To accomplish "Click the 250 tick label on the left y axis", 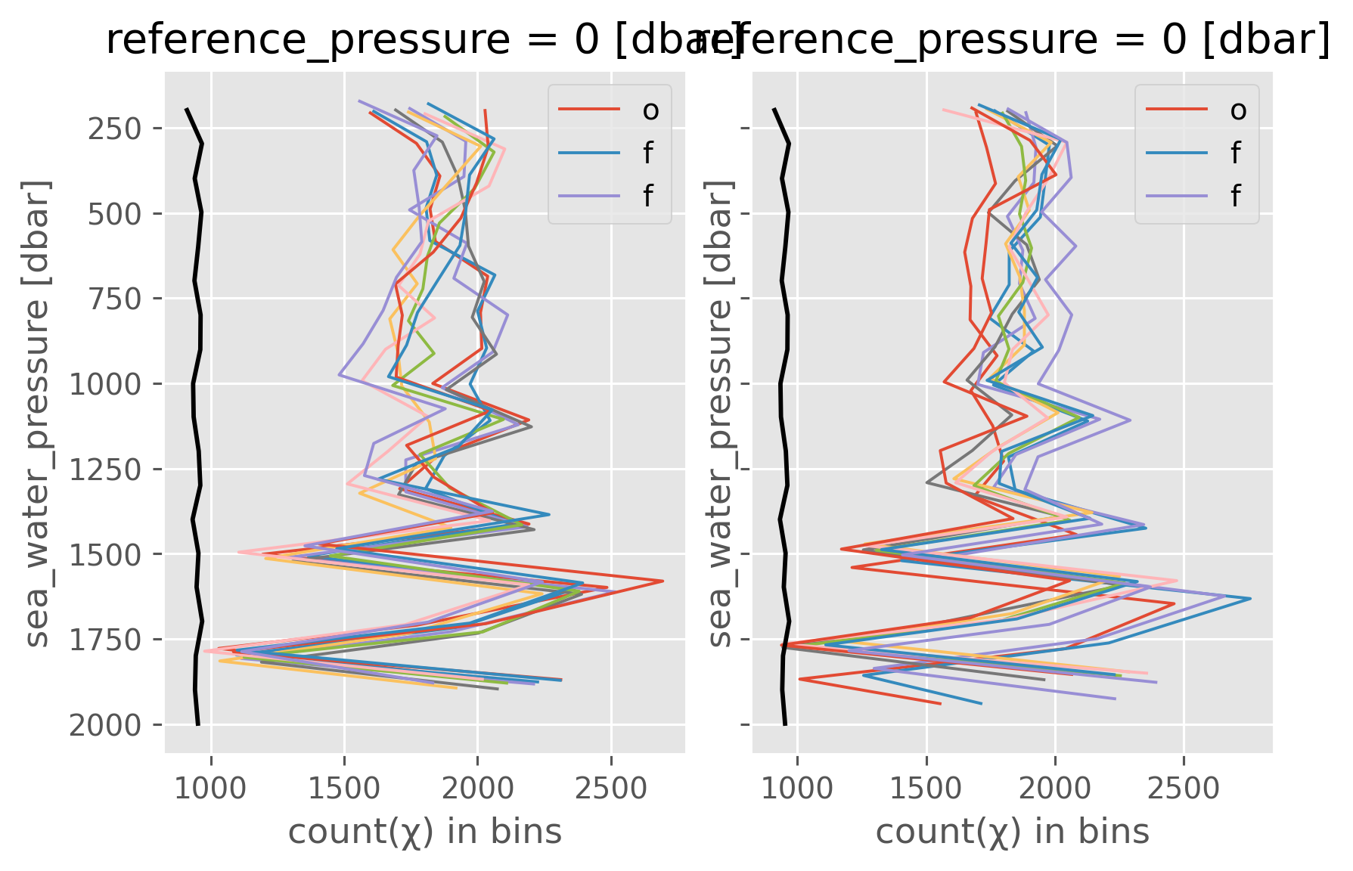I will point(114,129).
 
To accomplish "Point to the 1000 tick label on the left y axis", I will point(105,384).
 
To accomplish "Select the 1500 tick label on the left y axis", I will point(105,555).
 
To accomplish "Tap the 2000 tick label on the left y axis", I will point(105,726).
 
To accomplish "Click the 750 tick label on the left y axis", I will point(114,299).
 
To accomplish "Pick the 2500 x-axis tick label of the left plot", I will point(611,789).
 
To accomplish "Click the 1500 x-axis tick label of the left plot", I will point(345,789).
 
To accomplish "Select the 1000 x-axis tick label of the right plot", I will point(797,789).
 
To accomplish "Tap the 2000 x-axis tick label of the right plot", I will point(1055,789).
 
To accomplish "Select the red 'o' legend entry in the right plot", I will point(1196,110).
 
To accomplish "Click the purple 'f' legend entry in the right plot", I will point(1196,197).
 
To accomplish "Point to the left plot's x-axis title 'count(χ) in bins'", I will point(425,832).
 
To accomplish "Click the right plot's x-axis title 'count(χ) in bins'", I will point(1013,832).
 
